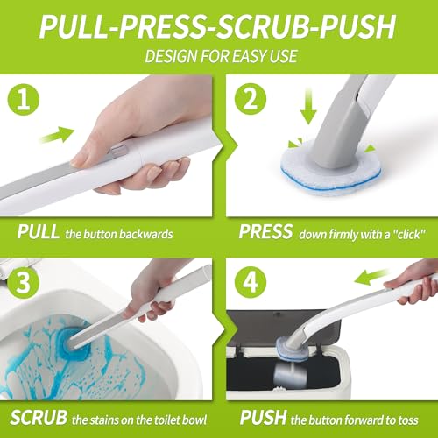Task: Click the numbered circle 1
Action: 24,99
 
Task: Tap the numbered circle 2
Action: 251,99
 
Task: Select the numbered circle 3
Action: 24,282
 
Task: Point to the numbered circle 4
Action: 251,282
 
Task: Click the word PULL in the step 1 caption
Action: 39,232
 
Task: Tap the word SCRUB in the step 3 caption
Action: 39,417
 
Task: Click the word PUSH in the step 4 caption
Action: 263,417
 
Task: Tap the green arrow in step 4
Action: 371,277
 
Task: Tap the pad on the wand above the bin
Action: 292,350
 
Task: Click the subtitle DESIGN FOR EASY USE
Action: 222,56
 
